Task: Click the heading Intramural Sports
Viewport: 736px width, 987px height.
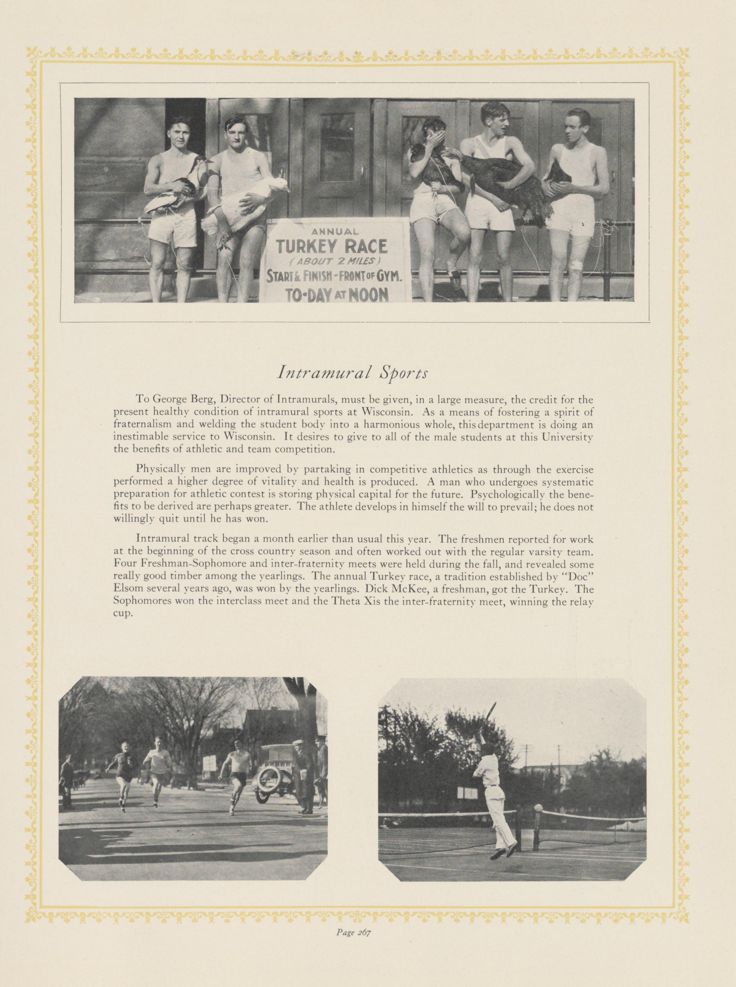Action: pos(352,373)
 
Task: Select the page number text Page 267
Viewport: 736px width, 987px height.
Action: pos(354,966)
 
